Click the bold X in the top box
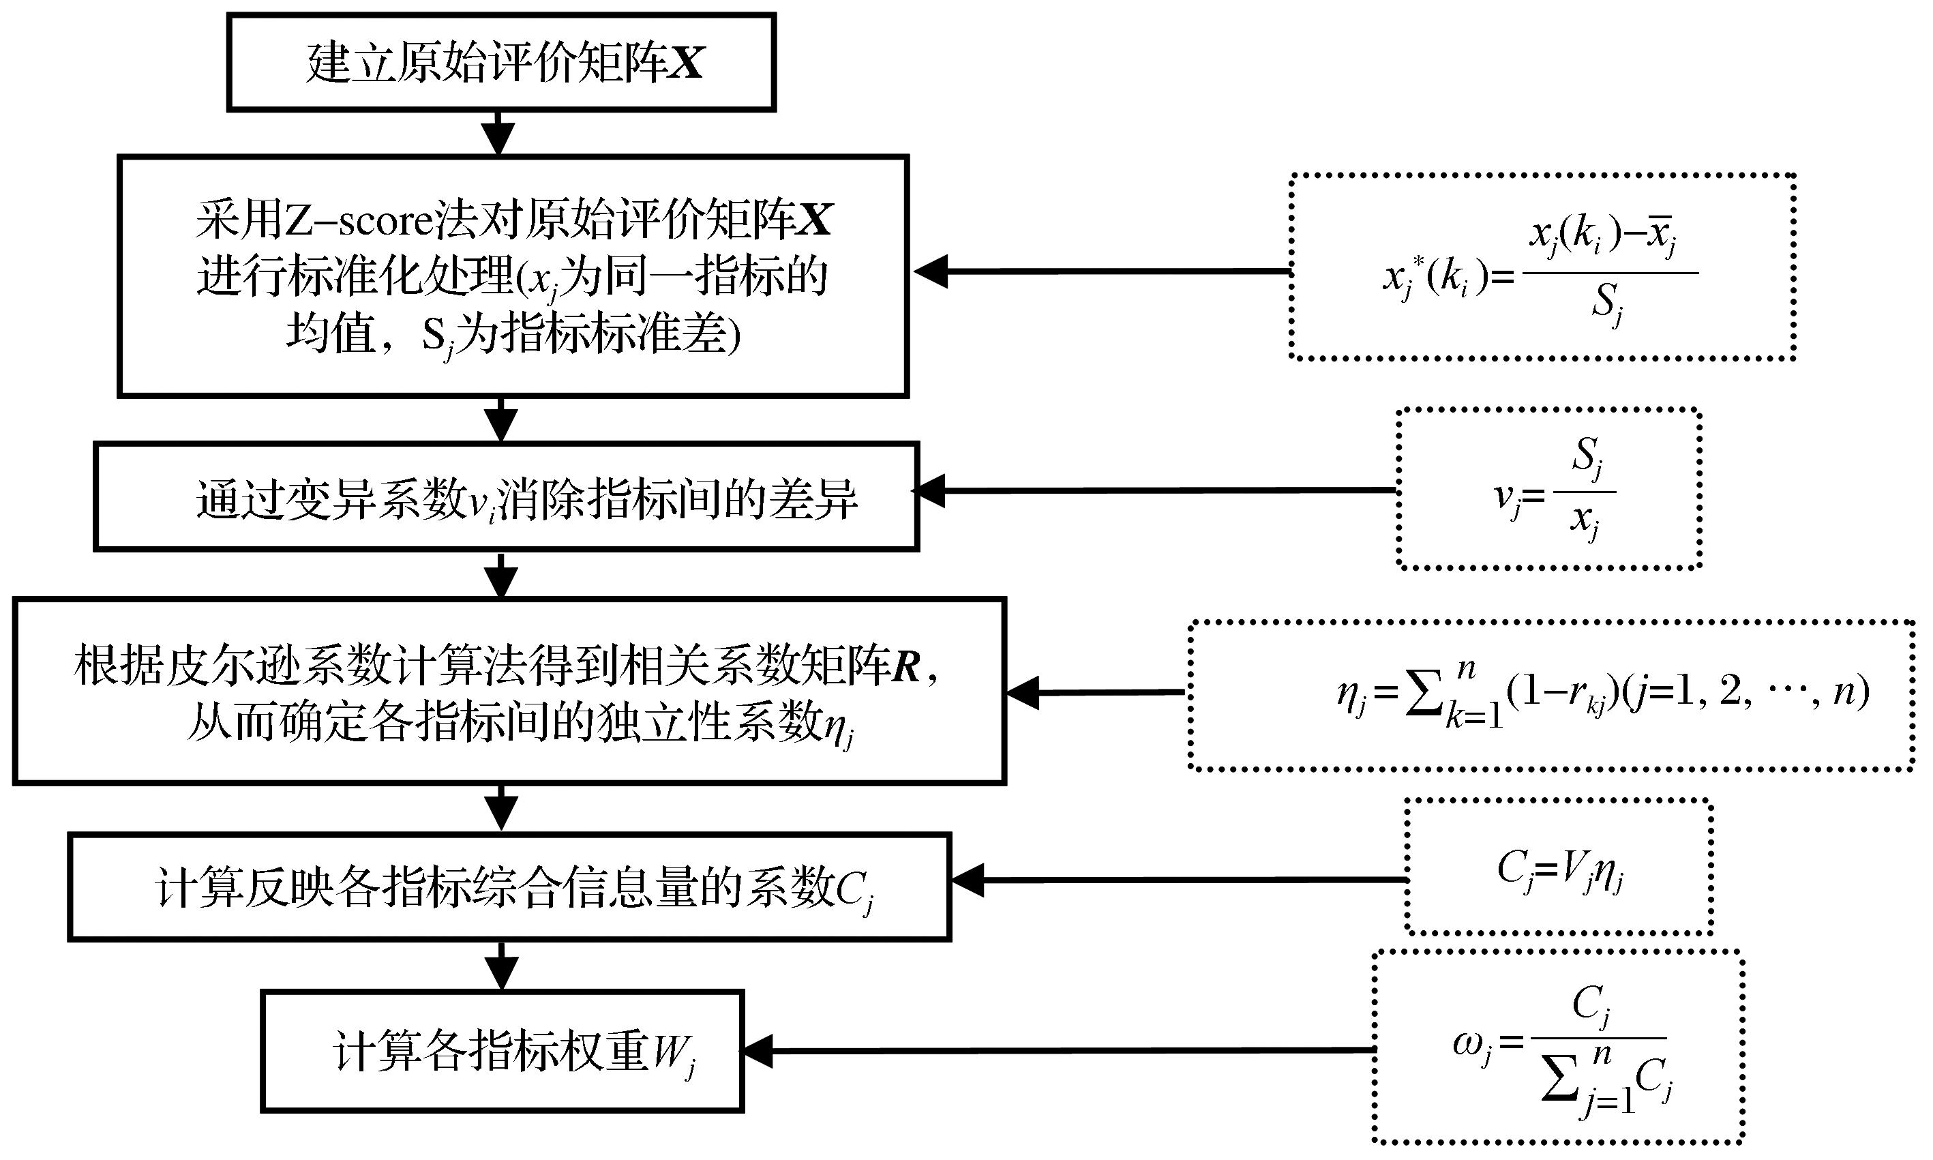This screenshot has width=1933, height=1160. point(686,63)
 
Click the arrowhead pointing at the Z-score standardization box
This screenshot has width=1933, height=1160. point(931,271)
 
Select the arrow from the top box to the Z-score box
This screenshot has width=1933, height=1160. point(499,133)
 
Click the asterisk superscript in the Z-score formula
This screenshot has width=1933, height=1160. point(1419,263)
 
